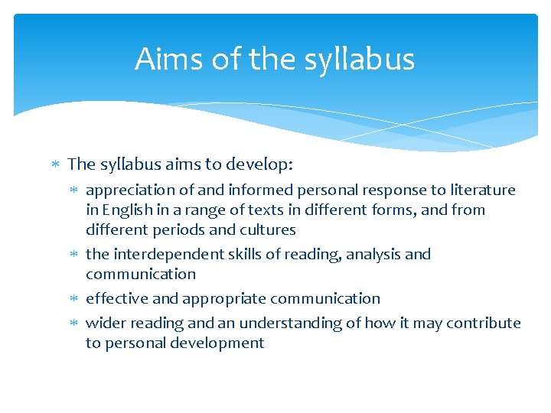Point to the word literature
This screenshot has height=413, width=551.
tap(480, 190)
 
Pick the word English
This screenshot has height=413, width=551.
tap(128, 210)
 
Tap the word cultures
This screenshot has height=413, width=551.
tap(267, 229)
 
